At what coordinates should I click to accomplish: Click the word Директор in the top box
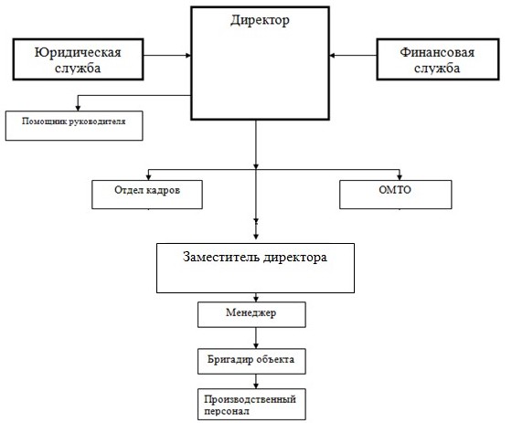(260, 20)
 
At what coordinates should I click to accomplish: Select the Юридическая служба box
(78, 59)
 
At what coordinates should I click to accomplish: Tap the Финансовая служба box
(438, 59)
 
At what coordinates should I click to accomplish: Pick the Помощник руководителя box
(74, 126)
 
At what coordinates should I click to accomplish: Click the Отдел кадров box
(147, 195)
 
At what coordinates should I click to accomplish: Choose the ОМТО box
(396, 195)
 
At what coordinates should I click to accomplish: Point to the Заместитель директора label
(255, 258)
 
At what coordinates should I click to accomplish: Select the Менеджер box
(251, 314)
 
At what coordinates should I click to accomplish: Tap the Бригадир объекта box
(251, 361)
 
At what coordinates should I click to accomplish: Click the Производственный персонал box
(251, 404)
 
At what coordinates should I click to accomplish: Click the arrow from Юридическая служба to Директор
(167, 56)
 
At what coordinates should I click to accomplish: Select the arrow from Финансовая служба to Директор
(353, 56)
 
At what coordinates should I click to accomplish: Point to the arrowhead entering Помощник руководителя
(78, 108)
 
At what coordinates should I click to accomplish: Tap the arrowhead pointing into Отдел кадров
(148, 177)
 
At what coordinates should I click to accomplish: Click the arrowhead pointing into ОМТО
(400, 177)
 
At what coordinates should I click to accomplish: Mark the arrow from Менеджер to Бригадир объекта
(256, 338)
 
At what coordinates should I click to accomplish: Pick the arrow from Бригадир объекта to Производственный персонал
(256, 381)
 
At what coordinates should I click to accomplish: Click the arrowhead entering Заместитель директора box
(256, 237)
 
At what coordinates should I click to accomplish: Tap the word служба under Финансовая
(437, 69)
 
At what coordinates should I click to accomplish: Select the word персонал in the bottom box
(227, 411)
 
